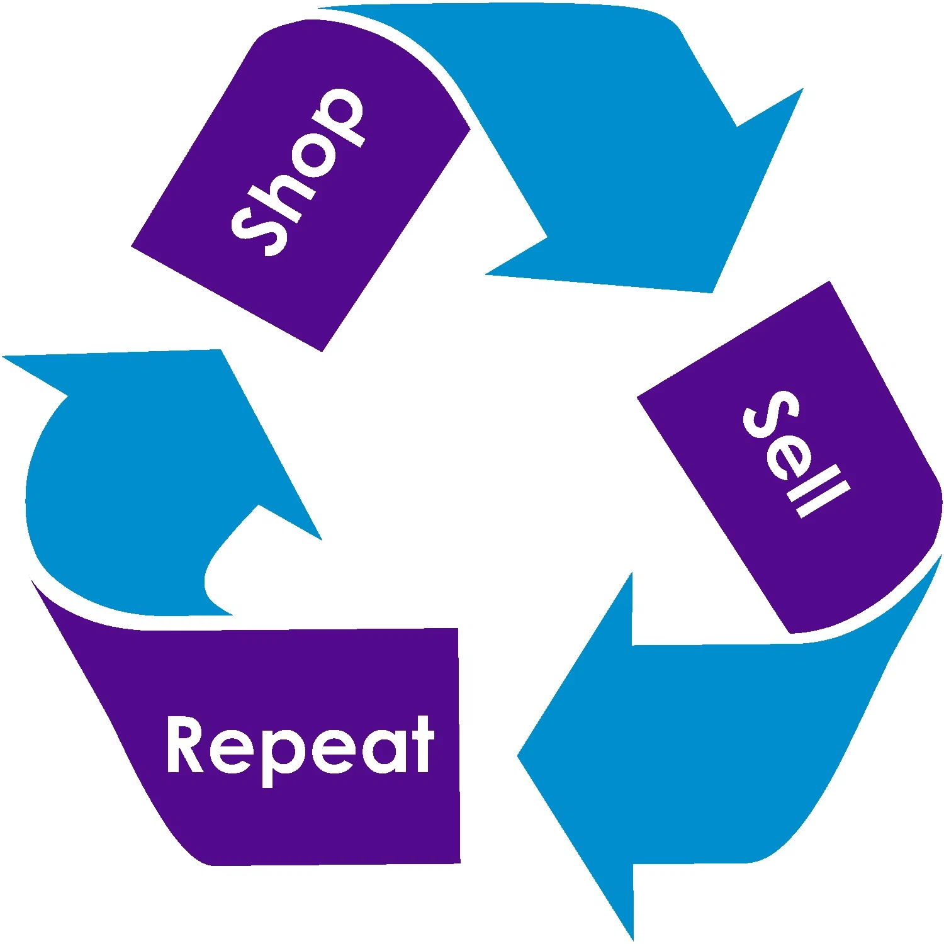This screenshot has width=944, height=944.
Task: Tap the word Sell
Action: pyautogui.click(x=795, y=453)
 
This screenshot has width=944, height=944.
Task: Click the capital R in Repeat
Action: pyautogui.click(x=186, y=744)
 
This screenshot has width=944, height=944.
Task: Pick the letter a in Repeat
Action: pyautogui.click(x=384, y=750)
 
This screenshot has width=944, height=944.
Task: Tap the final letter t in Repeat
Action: pyautogui.click(x=422, y=745)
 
